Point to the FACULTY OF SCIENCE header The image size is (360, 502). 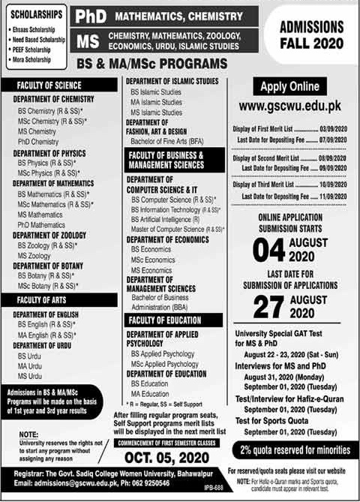click(49, 86)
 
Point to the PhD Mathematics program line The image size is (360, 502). click(42, 224)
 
